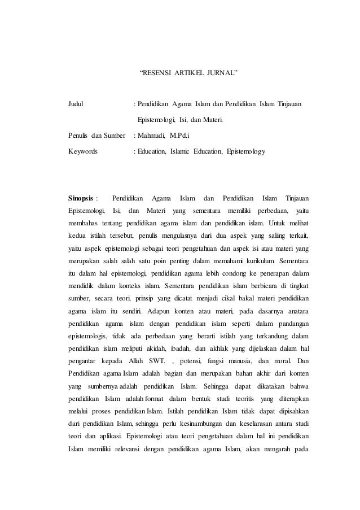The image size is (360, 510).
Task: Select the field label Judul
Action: coord(76,104)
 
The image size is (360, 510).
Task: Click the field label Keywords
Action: coord(82,151)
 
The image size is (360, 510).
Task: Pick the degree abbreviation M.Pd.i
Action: coord(180,136)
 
